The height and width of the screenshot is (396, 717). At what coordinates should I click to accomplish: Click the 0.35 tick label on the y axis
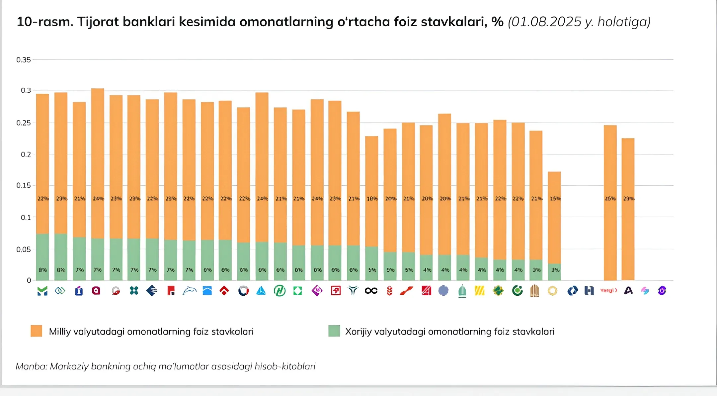click(23, 60)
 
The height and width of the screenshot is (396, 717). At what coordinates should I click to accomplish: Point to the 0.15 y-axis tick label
click(23, 185)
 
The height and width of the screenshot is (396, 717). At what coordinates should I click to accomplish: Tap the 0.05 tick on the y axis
click(23, 249)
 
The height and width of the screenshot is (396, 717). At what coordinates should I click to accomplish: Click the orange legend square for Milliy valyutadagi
click(37, 331)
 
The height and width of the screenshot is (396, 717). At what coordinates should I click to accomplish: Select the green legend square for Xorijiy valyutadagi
click(334, 331)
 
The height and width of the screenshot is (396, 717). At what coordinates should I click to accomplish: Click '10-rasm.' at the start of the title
click(45, 22)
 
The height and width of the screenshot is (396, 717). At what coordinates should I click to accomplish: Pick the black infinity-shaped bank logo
click(371, 291)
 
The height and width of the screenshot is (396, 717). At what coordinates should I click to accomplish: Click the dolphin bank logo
click(189, 291)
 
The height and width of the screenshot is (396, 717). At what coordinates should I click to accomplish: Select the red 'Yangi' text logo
click(608, 290)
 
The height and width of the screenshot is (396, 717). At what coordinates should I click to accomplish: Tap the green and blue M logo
click(42, 291)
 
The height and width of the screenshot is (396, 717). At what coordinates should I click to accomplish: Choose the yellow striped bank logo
click(480, 291)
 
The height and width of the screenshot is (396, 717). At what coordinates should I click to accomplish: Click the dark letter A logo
click(628, 291)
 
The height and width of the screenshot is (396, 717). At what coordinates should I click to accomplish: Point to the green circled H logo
click(279, 291)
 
